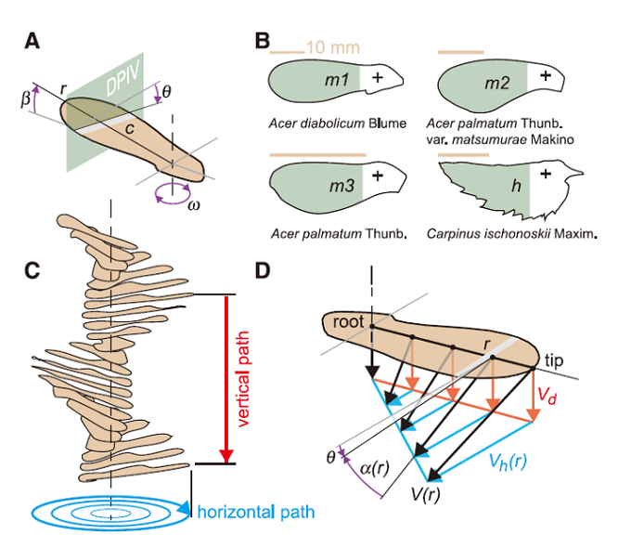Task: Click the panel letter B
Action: pos(263,41)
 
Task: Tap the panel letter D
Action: pos(263,270)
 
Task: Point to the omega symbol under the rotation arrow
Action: pos(193,204)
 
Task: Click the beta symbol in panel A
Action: pos(26,97)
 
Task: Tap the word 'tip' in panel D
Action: pos(553,359)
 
